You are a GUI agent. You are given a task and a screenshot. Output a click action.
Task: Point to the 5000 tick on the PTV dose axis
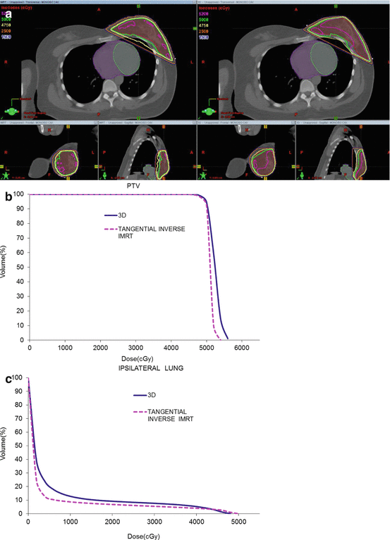206,348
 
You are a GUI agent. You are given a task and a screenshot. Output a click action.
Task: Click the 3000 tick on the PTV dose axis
135,348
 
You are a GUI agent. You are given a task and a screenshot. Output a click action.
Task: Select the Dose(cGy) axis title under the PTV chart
135,358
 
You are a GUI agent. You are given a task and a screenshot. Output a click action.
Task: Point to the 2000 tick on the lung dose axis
111,522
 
